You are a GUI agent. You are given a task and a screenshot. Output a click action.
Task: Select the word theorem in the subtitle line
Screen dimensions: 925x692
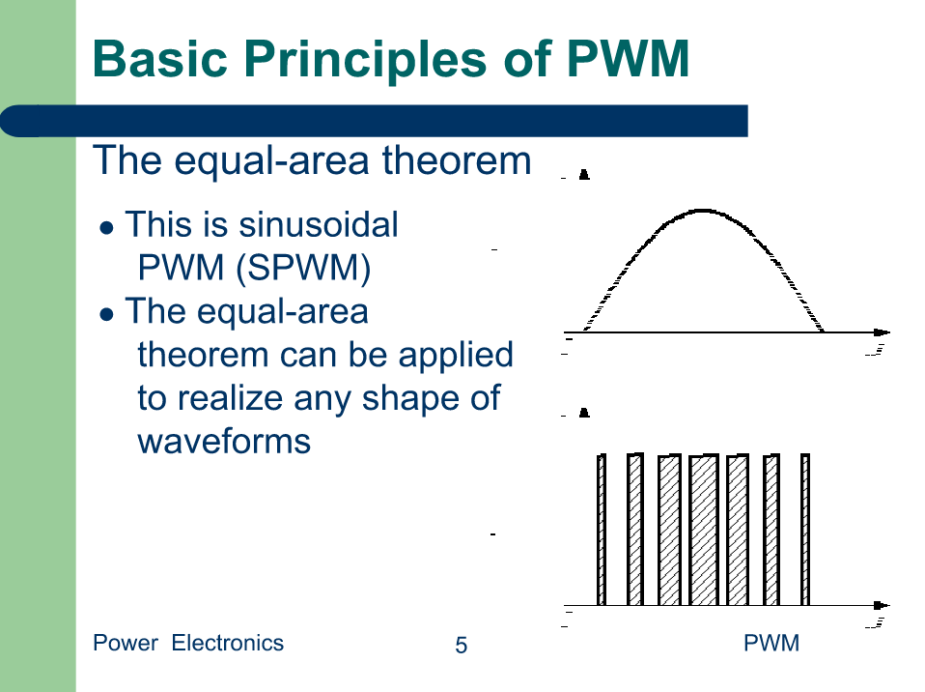pyautogui.click(x=457, y=160)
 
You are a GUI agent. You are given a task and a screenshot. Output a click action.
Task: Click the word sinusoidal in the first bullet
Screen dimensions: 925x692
pyautogui.click(x=319, y=225)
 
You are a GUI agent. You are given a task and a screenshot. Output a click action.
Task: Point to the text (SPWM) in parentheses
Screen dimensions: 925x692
pyautogui.click(x=303, y=268)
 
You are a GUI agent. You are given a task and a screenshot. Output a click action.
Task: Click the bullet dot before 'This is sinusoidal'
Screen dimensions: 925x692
pyautogui.click(x=107, y=228)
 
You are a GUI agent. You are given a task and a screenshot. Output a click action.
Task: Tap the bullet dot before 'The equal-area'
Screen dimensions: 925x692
pyautogui.click(x=107, y=314)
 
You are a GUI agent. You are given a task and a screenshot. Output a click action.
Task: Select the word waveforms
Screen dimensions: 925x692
pyautogui.click(x=224, y=442)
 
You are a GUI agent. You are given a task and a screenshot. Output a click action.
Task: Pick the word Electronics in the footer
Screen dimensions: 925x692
pyautogui.click(x=228, y=643)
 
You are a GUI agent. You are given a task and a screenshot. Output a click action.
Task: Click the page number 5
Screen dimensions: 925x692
pyautogui.click(x=462, y=646)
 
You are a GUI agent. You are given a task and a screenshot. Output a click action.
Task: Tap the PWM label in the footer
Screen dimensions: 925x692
pyautogui.click(x=771, y=643)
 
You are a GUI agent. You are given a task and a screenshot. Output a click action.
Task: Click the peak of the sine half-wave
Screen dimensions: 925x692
pyautogui.click(x=703, y=210)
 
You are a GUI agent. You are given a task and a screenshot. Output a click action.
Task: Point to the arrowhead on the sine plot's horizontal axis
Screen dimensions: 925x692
pyautogui.click(x=882, y=332)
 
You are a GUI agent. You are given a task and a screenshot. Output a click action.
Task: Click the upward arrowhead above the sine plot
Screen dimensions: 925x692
pyautogui.click(x=584, y=174)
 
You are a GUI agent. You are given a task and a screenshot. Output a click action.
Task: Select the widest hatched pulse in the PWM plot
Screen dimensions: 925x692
pyautogui.click(x=704, y=530)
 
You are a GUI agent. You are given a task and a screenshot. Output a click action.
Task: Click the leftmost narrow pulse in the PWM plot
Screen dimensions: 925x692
pyautogui.click(x=602, y=530)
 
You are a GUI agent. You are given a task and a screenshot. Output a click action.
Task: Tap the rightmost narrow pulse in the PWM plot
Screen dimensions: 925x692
pyautogui.click(x=805, y=530)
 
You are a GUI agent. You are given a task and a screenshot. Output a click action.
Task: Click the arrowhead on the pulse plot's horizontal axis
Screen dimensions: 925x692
pyautogui.click(x=882, y=605)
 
